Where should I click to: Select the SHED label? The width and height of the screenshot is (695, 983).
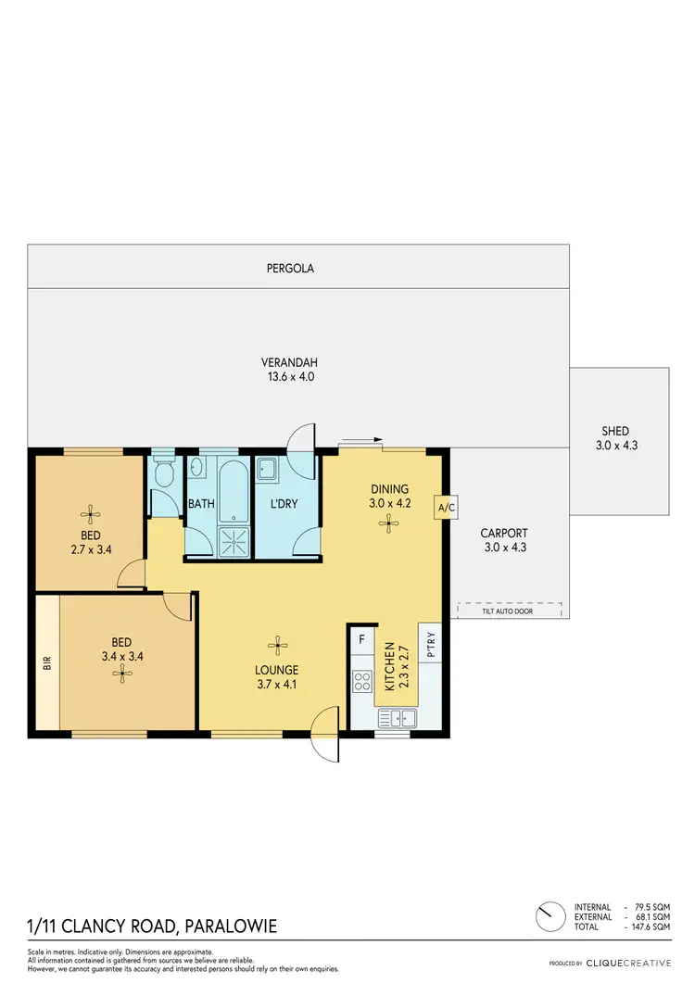615,431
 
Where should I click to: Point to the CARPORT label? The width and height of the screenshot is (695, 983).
504,533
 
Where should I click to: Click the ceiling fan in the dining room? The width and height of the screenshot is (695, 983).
385,523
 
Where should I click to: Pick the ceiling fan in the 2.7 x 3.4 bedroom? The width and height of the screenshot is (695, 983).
90,512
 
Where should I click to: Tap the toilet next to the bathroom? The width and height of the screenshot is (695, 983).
164,474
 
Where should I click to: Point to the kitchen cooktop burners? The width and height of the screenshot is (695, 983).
361,683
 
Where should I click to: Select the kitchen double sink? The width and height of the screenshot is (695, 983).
400,716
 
